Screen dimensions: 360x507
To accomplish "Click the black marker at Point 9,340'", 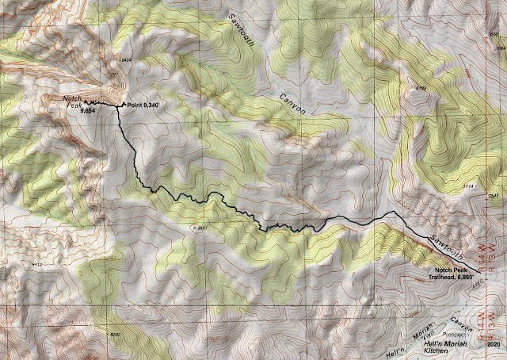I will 120,105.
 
